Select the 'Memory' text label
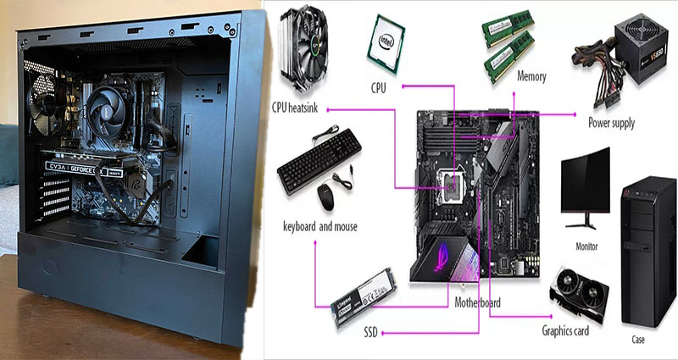[x=531, y=77]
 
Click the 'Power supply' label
[x=611, y=123]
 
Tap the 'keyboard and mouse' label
[x=320, y=227]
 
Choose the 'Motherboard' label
[x=478, y=302]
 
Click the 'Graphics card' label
[x=571, y=330]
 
